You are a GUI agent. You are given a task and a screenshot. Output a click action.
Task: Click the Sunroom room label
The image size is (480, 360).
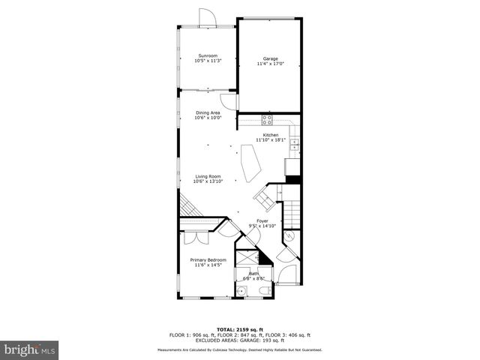coord(208,56)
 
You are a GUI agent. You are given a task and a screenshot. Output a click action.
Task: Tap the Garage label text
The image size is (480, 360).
coord(270,58)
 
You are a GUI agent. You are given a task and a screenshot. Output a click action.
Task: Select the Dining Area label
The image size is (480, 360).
coord(208,112)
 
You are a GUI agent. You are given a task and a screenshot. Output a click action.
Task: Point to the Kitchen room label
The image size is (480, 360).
coord(270,135)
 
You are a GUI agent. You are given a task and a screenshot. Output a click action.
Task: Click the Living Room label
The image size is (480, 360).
coord(208,176)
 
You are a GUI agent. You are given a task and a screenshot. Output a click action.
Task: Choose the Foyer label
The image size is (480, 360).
coord(262,220)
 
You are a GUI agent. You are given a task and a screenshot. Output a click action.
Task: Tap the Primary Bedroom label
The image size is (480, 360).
coord(208,260)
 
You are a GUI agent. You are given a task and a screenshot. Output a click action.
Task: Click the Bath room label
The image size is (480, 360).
coord(253,274)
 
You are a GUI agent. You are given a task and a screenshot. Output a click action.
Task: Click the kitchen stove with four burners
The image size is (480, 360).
coord(267,119)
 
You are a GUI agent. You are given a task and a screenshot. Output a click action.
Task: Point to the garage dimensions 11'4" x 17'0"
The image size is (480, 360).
coord(270,64)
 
